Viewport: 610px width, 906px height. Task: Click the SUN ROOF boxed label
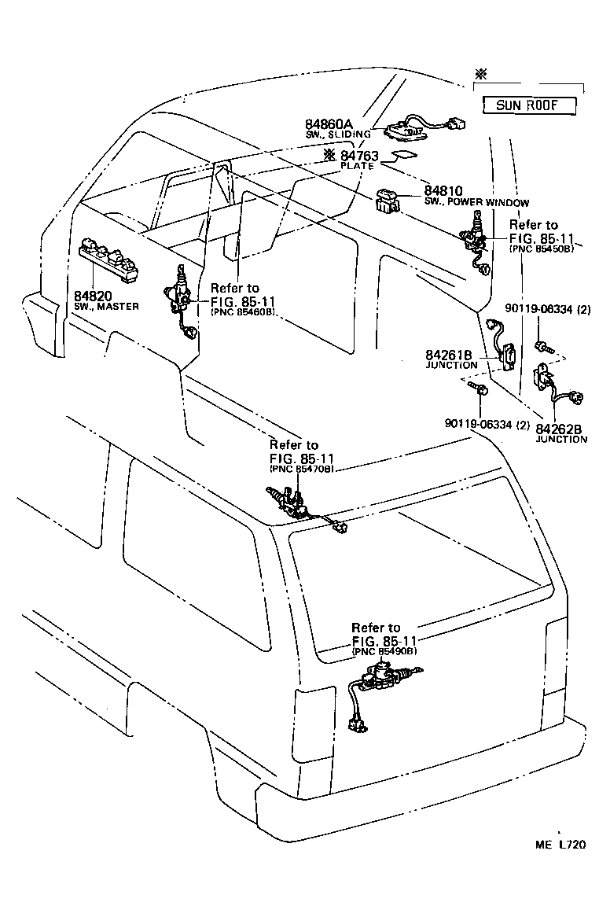click(526, 105)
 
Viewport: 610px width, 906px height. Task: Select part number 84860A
click(329, 124)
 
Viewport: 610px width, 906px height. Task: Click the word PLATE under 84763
click(357, 167)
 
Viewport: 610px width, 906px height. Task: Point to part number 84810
click(445, 191)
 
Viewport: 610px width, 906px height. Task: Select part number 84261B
click(451, 355)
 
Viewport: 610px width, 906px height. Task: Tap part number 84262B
click(559, 429)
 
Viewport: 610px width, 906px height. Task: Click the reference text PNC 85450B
click(542, 248)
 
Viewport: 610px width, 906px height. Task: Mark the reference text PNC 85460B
click(242, 311)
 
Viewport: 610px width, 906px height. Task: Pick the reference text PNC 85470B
click(302, 468)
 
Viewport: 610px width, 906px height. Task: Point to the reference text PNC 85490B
click(384, 650)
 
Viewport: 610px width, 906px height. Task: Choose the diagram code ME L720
click(561, 845)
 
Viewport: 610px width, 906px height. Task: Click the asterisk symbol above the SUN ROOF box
click(481, 75)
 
